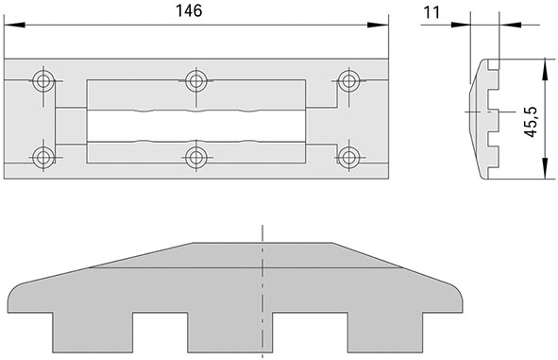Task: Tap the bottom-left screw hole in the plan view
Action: pyautogui.click(x=42, y=156)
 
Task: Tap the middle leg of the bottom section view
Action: pyautogui.click(x=229, y=334)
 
